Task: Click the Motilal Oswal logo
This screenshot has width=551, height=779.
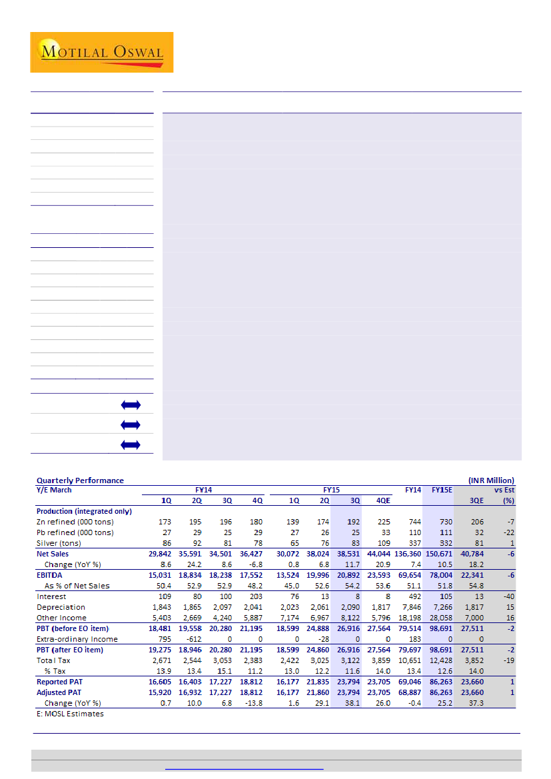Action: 101,52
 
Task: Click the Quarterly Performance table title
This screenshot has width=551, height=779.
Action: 80,480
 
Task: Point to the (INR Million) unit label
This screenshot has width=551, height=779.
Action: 491,480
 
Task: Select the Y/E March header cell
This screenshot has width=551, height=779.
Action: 54,490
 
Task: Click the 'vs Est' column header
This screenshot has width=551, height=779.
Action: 504,490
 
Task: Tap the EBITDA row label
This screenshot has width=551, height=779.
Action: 51,575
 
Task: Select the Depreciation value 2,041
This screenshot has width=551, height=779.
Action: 253,607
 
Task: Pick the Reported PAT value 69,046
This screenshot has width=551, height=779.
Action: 409,682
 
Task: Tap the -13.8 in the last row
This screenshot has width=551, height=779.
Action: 253,703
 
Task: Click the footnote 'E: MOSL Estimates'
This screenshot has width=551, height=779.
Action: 70,714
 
